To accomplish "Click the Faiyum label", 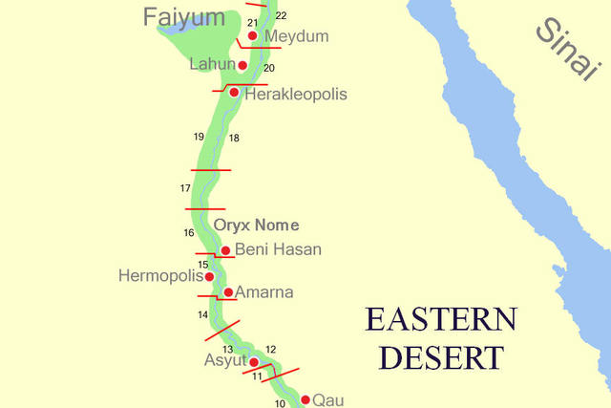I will click(x=184, y=16).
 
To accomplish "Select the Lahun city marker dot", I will click(x=242, y=65).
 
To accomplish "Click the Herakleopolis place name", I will click(x=295, y=94).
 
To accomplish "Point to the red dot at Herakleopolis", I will click(x=234, y=93).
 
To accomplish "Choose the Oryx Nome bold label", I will click(x=256, y=225).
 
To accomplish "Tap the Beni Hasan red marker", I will click(x=225, y=250).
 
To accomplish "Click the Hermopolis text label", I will click(x=160, y=276).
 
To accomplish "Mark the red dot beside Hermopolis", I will click(x=210, y=276).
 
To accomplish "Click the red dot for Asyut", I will click(x=253, y=362).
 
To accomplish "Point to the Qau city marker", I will click(x=305, y=399).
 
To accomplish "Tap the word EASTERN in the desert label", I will click(x=441, y=319).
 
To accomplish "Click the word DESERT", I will click(x=441, y=357).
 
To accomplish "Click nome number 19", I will click(x=199, y=137).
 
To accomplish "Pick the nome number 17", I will click(x=185, y=188).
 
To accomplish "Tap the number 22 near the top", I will click(x=281, y=16).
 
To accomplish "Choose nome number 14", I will click(x=202, y=314).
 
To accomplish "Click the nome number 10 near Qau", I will click(x=280, y=404).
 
